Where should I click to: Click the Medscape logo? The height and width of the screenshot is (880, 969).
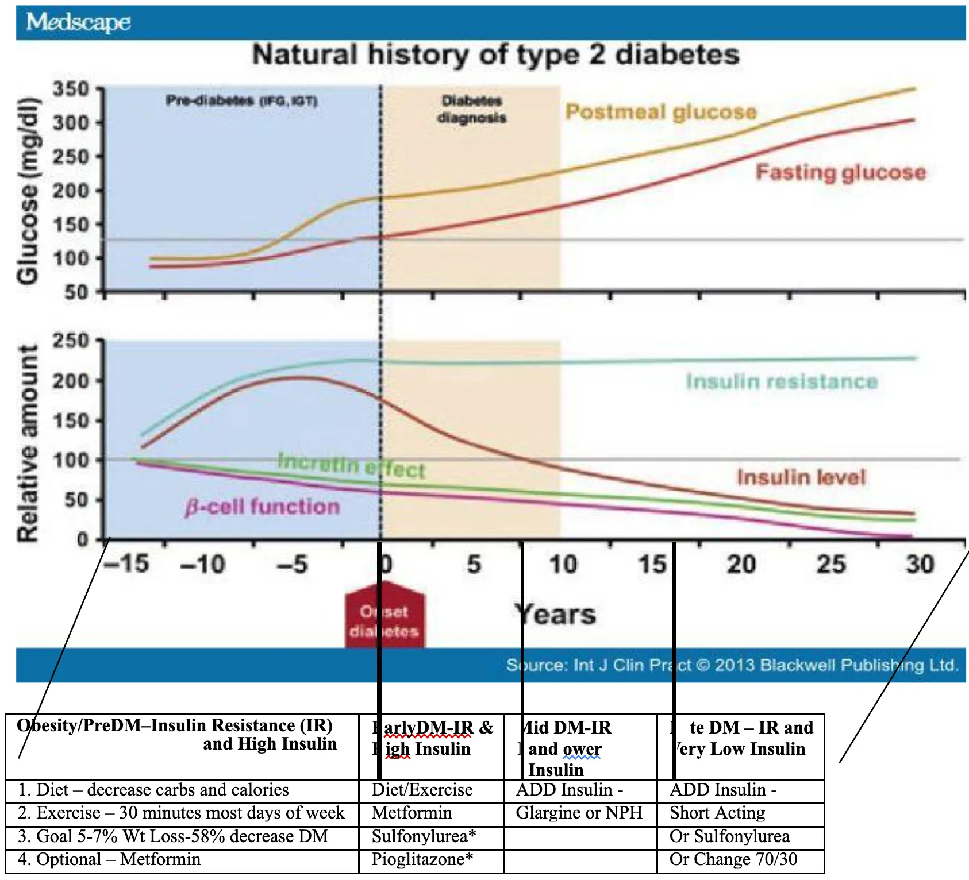(x=78, y=22)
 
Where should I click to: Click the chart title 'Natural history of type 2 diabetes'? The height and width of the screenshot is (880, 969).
(x=495, y=55)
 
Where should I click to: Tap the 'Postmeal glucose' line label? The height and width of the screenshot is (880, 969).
(x=660, y=112)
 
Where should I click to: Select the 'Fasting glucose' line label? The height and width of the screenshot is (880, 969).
(x=840, y=172)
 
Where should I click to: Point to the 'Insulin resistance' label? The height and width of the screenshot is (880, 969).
(x=782, y=381)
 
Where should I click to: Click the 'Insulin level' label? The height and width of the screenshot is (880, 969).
(x=801, y=477)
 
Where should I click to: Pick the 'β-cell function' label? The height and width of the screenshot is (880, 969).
(x=262, y=507)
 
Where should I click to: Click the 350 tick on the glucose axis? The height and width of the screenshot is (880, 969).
(x=71, y=89)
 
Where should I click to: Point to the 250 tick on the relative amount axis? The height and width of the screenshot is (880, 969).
(x=71, y=341)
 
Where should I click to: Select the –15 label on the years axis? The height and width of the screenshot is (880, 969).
(x=126, y=564)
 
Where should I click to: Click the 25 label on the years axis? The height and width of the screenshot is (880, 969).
(x=831, y=564)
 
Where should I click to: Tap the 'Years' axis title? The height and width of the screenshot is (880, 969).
(x=555, y=615)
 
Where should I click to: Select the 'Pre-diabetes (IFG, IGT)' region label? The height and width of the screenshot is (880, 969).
(x=241, y=101)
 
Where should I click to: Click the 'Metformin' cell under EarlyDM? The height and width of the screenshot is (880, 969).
(x=412, y=813)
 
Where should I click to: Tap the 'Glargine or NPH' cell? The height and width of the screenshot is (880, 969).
(x=579, y=813)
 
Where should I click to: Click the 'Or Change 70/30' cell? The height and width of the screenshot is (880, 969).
(x=733, y=859)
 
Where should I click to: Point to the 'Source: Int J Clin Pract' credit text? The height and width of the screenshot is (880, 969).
(x=732, y=665)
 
